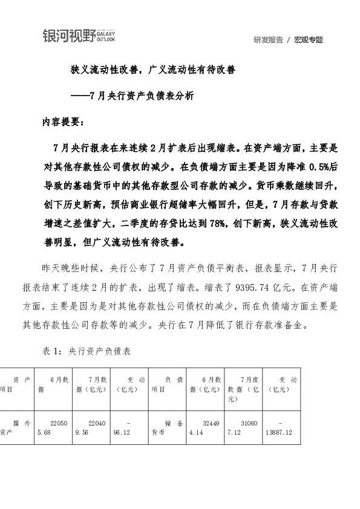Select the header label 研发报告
tap(267, 40)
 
